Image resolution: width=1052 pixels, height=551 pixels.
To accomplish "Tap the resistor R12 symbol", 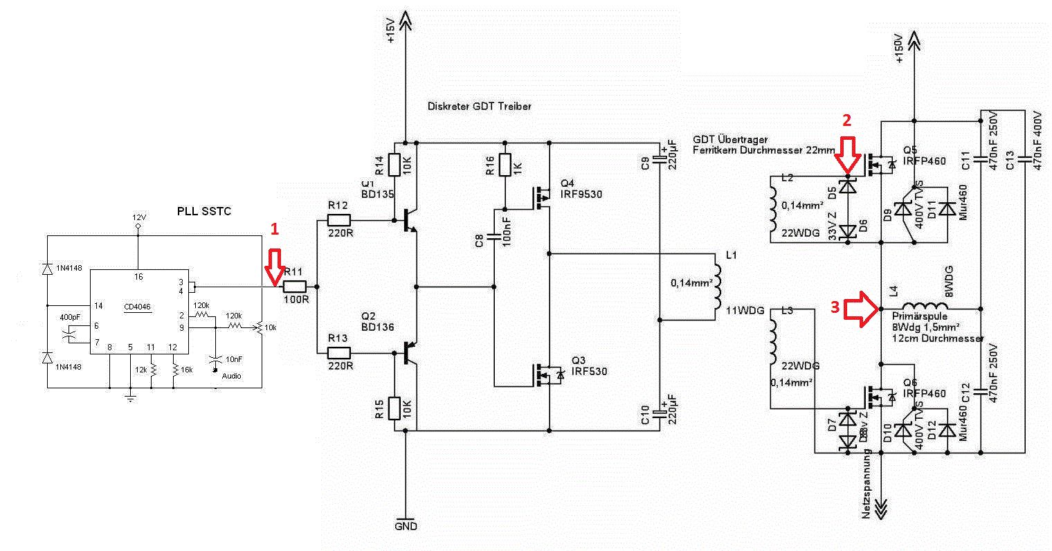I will click(x=339, y=221).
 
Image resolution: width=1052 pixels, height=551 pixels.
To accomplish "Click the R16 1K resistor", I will click(x=505, y=164).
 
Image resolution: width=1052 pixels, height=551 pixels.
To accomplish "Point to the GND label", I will click(x=406, y=526).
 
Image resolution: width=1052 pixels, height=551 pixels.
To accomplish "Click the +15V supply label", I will click(x=391, y=32).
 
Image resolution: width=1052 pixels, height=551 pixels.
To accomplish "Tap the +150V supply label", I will click(x=899, y=48).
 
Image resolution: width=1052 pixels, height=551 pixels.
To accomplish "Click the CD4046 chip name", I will click(x=137, y=307).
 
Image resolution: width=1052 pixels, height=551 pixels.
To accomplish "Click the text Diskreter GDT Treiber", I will click(x=480, y=107).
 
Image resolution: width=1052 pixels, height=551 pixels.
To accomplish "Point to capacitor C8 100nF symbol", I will click(x=494, y=237).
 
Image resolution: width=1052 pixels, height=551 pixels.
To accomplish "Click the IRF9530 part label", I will click(x=581, y=195).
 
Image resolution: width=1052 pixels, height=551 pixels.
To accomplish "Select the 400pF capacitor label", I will click(x=70, y=316).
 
